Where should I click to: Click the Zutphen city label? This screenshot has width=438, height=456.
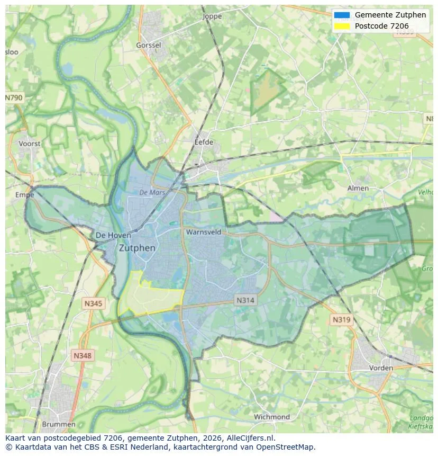pyautogui.click(x=137, y=248)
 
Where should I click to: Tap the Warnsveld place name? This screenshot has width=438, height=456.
pyautogui.click(x=203, y=232)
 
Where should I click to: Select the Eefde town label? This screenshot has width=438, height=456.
pyautogui.click(x=204, y=142)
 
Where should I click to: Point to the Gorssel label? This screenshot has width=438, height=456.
pyautogui.click(x=148, y=46)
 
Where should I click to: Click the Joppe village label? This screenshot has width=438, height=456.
pyautogui.click(x=213, y=16)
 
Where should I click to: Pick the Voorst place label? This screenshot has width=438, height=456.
pyautogui.click(x=29, y=144)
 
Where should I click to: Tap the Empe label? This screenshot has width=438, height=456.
pyautogui.click(x=25, y=195)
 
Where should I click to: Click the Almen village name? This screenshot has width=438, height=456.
pyautogui.click(x=358, y=188)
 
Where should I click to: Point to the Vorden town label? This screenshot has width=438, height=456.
pyautogui.click(x=381, y=368)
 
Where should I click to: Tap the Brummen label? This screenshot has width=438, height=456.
pyautogui.click(x=59, y=424)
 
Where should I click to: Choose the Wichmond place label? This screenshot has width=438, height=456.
pyautogui.click(x=272, y=417)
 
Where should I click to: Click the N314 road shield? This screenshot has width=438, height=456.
pyautogui.click(x=245, y=300)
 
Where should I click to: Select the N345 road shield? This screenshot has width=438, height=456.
pyautogui.click(x=93, y=303)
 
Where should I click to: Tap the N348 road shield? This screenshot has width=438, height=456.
pyautogui.click(x=83, y=356)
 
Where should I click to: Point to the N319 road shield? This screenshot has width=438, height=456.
pyautogui.click(x=341, y=319)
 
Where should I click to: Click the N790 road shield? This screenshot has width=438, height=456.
pyautogui.click(x=14, y=98)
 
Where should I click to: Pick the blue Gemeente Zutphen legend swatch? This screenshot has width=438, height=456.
pyautogui.click(x=342, y=15)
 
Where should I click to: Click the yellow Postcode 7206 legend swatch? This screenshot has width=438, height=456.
pyautogui.click(x=342, y=26)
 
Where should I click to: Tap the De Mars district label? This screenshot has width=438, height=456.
pyautogui.click(x=152, y=193)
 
